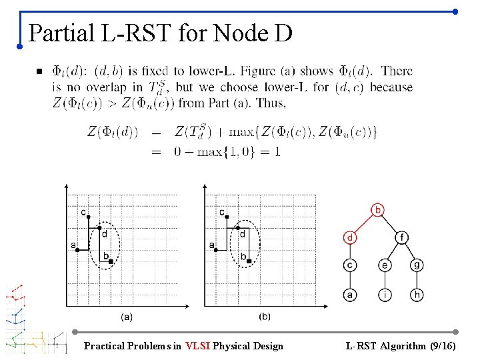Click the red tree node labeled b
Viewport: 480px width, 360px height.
coord(378,211)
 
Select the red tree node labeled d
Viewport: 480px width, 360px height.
coord(350,237)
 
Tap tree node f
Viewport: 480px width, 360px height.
coord(401,237)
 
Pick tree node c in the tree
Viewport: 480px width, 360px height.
coord(350,265)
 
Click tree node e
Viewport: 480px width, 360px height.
coord(385,265)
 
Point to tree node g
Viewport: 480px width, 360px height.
coord(417,265)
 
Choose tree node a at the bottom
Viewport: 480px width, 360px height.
coord(350,294)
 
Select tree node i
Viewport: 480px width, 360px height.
coord(385,294)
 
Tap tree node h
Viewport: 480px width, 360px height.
coord(417,294)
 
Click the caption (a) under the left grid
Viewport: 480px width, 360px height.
coord(126,316)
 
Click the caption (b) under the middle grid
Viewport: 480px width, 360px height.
coord(264,316)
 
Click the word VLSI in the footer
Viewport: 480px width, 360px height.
coord(198,346)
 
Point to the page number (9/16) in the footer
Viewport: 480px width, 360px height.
coord(441,346)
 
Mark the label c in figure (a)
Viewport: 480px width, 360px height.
coord(83,213)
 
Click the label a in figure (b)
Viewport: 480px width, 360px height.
coord(212,245)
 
